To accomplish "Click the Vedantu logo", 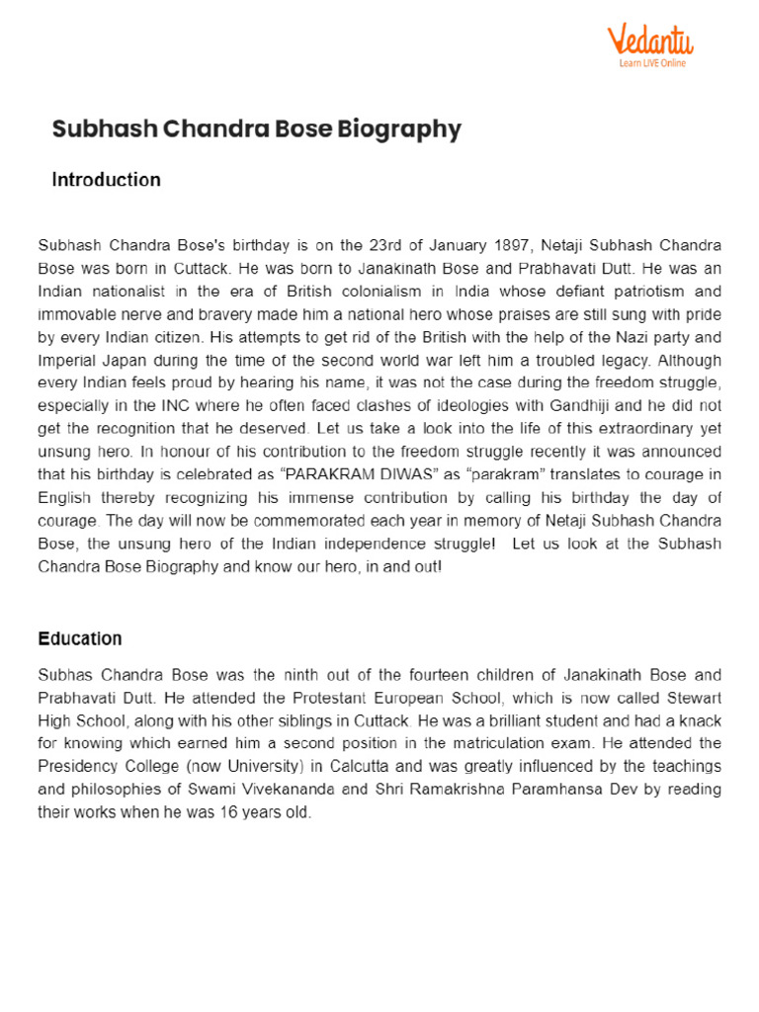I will point(649,41).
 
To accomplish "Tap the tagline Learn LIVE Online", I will point(652,63).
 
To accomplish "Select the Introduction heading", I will point(106,180).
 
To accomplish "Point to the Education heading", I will point(80,638).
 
